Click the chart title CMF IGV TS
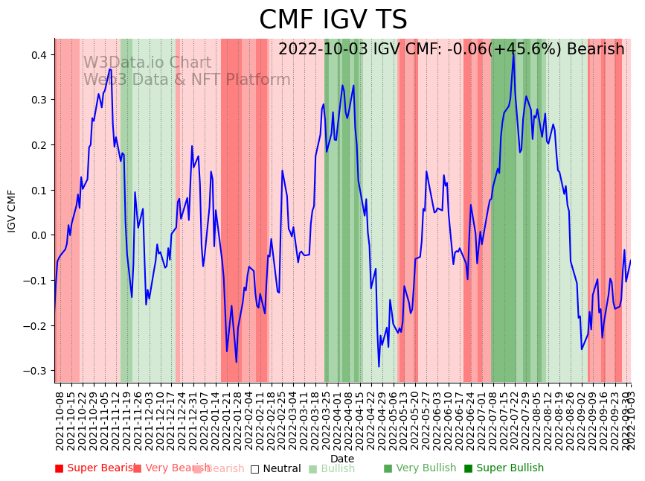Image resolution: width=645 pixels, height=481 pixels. tap(333, 20)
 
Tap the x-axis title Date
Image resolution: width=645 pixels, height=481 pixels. tap(342, 459)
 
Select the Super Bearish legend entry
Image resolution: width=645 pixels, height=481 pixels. tap(95, 468)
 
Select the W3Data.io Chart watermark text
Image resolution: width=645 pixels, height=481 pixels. tap(147, 63)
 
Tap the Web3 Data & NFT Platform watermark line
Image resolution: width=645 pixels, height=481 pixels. tap(187, 80)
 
